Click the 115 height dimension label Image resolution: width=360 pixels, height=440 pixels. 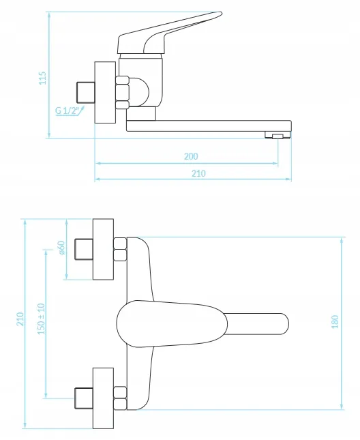(x=42, y=78)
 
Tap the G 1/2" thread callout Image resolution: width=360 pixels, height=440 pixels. (x=66, y=111)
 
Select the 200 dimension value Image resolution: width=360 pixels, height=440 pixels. (x=191, y=156)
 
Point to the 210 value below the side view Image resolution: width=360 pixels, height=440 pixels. (x=198, y=173)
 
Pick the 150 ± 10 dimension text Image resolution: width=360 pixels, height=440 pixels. (x=41, y=319)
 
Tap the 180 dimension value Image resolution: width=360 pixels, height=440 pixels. (x=335, y=322)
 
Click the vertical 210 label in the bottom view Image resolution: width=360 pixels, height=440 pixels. (x=20, y=319)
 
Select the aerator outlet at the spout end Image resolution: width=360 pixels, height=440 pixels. (x=277, y=136)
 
